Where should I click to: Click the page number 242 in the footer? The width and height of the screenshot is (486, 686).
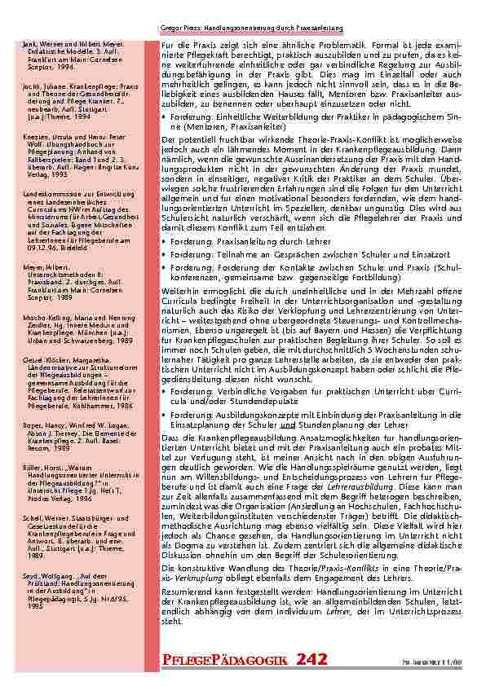pyautogui.click(x=314, y=658)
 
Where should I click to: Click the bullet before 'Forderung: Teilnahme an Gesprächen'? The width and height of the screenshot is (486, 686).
pyautogui.click(x=166, y=256)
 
